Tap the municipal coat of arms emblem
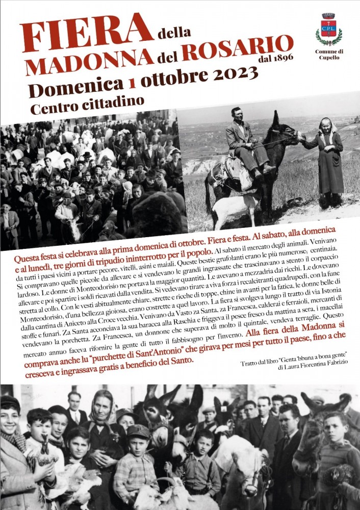pos(328,30)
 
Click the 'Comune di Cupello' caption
pos(329,55)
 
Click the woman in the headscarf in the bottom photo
pos(105,428)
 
